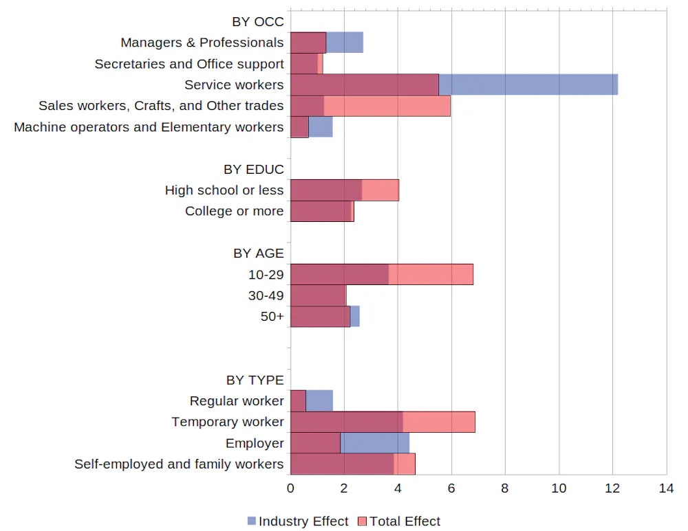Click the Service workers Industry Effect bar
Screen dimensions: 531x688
[x=528, y=84]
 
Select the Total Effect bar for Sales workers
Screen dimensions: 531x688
[x=387, y=106]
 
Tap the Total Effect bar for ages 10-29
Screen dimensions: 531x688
[x=431, y=274]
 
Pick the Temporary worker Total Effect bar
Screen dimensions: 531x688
[x=439, y=422]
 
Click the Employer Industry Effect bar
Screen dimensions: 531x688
[x=375, y=443]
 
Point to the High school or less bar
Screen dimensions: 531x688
[x=344, y=190]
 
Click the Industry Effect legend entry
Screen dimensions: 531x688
[x=298, y=521]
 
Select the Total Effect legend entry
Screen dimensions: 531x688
[x=399, y=521]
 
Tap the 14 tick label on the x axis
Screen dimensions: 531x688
[x=666, y=488]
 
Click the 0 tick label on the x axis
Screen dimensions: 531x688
[x=290, y=488]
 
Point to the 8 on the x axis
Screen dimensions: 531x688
[x=505, y=488]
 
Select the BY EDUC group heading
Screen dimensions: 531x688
[x=253, y=170]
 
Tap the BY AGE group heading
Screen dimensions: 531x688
[x=258, y=253]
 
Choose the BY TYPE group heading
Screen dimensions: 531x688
[x=255, y=380]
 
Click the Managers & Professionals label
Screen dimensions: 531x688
[x=202, y=43]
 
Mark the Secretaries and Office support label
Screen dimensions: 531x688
[x=189, y=64]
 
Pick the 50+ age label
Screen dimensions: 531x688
[x=272, y=317]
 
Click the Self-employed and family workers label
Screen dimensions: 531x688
[x=179, y=464]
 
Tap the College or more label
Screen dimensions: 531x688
[x=234, y=211]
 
